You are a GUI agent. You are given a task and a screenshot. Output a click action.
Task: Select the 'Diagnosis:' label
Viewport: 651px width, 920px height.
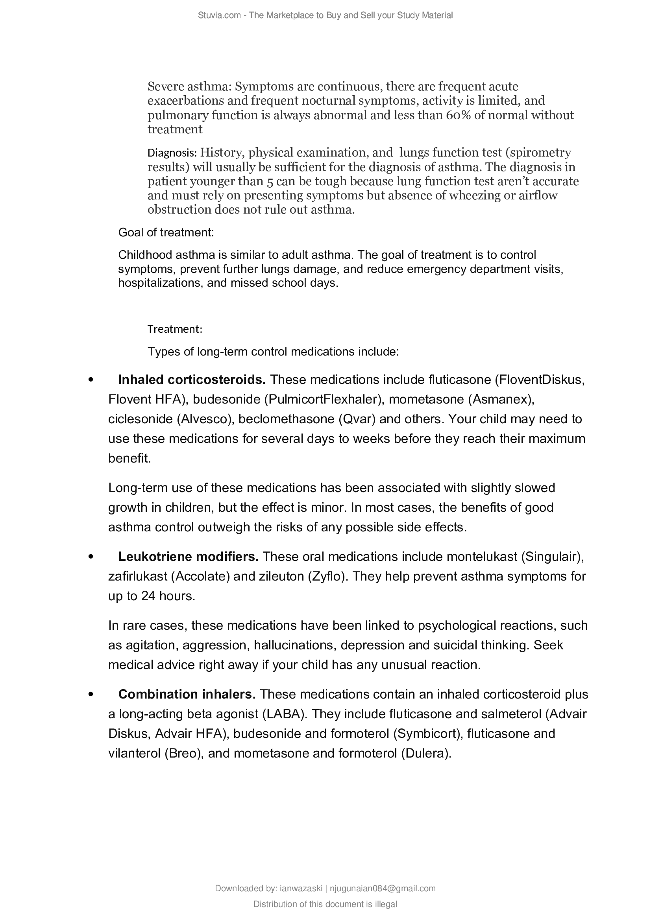[172, 153]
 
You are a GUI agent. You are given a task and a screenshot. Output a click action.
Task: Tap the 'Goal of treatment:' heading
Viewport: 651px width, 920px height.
[166, 232]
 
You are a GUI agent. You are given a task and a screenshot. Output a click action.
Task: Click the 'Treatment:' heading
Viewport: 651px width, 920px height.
[175, 329]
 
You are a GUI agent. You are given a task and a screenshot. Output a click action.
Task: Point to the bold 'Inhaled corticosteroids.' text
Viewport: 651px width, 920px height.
[192, 380]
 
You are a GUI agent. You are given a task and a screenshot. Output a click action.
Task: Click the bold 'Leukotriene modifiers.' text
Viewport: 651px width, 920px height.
[188, 557]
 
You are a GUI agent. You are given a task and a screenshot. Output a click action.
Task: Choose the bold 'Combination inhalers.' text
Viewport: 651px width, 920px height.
[187, 694]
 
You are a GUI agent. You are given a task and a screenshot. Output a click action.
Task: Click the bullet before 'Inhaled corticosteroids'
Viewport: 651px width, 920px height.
[91, 380]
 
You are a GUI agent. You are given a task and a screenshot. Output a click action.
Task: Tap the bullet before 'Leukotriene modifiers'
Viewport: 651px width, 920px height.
[91, 557]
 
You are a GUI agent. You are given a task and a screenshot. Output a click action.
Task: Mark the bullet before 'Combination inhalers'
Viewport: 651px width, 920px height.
[91, 694]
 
